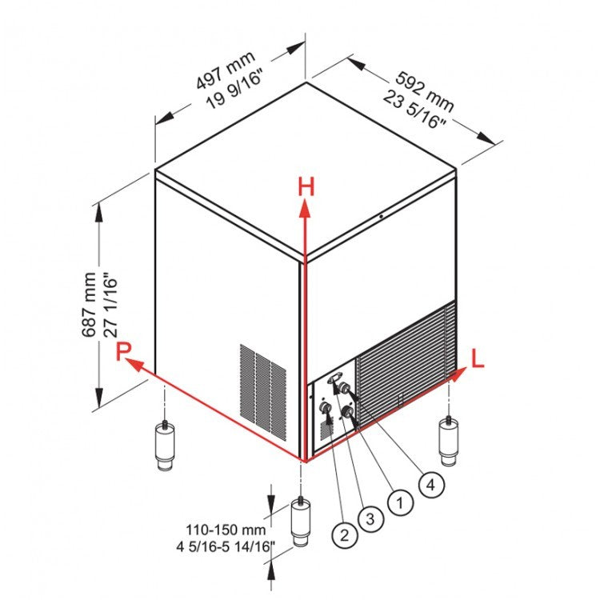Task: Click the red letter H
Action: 306,188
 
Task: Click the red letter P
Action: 122,351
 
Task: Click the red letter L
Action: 478,359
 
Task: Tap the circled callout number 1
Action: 398,502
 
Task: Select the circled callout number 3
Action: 369,518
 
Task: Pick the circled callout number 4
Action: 431,483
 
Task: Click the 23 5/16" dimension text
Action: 414,110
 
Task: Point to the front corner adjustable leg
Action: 302,523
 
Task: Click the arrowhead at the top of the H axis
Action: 305,209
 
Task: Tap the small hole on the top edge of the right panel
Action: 382,216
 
